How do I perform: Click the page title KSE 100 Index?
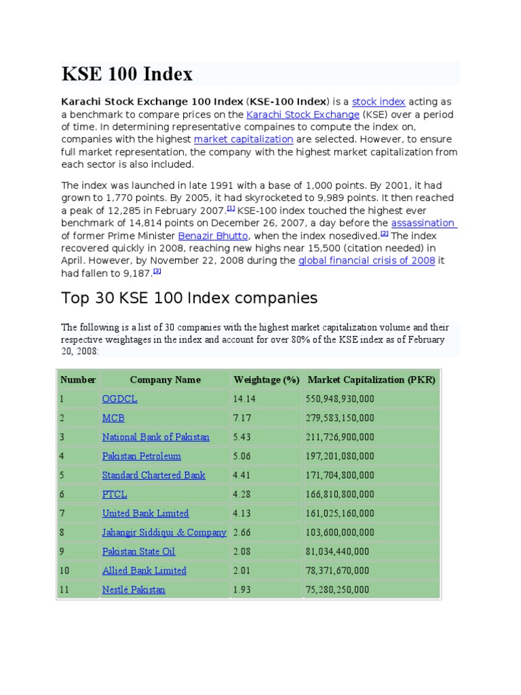point(127,73)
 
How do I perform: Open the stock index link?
point(379,102)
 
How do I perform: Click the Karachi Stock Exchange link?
point(303,115)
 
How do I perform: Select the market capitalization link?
point(244,139)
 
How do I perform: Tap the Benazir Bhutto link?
point(212,236)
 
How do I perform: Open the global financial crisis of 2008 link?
point(366,261)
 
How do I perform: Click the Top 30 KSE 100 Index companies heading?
point(189,297)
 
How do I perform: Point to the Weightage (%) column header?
point(266,379)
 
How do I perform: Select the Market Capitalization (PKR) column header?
point(372,379)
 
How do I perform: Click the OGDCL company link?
point(119,399)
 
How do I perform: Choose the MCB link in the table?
point(113,418)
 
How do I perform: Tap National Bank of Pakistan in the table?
point(155,437)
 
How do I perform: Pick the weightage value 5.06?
point(242,456)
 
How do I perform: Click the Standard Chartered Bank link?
point(153,475)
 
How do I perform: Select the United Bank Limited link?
point(145,513)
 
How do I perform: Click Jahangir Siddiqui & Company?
point(164,532)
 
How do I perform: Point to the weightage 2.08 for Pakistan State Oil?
point(242,552)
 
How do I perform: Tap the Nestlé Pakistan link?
point(134,590)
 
